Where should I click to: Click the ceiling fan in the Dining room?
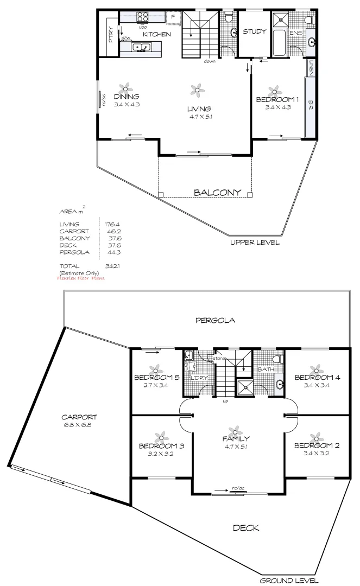click(x=126, y=88)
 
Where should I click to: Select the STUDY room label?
click(x=254, y=31)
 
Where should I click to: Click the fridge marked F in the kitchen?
click(x=173, y=17)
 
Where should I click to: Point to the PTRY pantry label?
click(x=110, y=36)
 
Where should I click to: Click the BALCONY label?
click(x=217, y=193)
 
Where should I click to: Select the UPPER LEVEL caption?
click(x=255, y=243)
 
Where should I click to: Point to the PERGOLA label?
click(x=215, y=320)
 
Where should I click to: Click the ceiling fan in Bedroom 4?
click(x=313, y=368)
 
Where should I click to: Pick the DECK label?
click(x=246, y=527)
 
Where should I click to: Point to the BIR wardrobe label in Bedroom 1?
click(x=311, y=103)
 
